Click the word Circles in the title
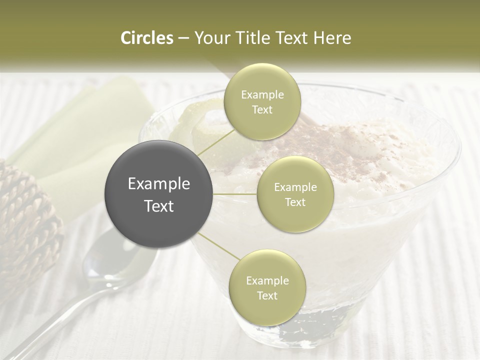(x=146, y=38)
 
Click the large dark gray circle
(x=159, y=194)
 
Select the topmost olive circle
(x=262, y=102)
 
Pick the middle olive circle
(x=295, y=194)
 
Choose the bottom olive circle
(x=267, y=288)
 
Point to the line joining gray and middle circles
(x=235, y=194)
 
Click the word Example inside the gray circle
(x=159, y=184)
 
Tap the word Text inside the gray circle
(x=159, y=205)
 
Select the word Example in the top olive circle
(x=262, y=95)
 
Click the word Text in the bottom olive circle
(x=267, y=295)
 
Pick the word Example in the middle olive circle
(x=295, y=187)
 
